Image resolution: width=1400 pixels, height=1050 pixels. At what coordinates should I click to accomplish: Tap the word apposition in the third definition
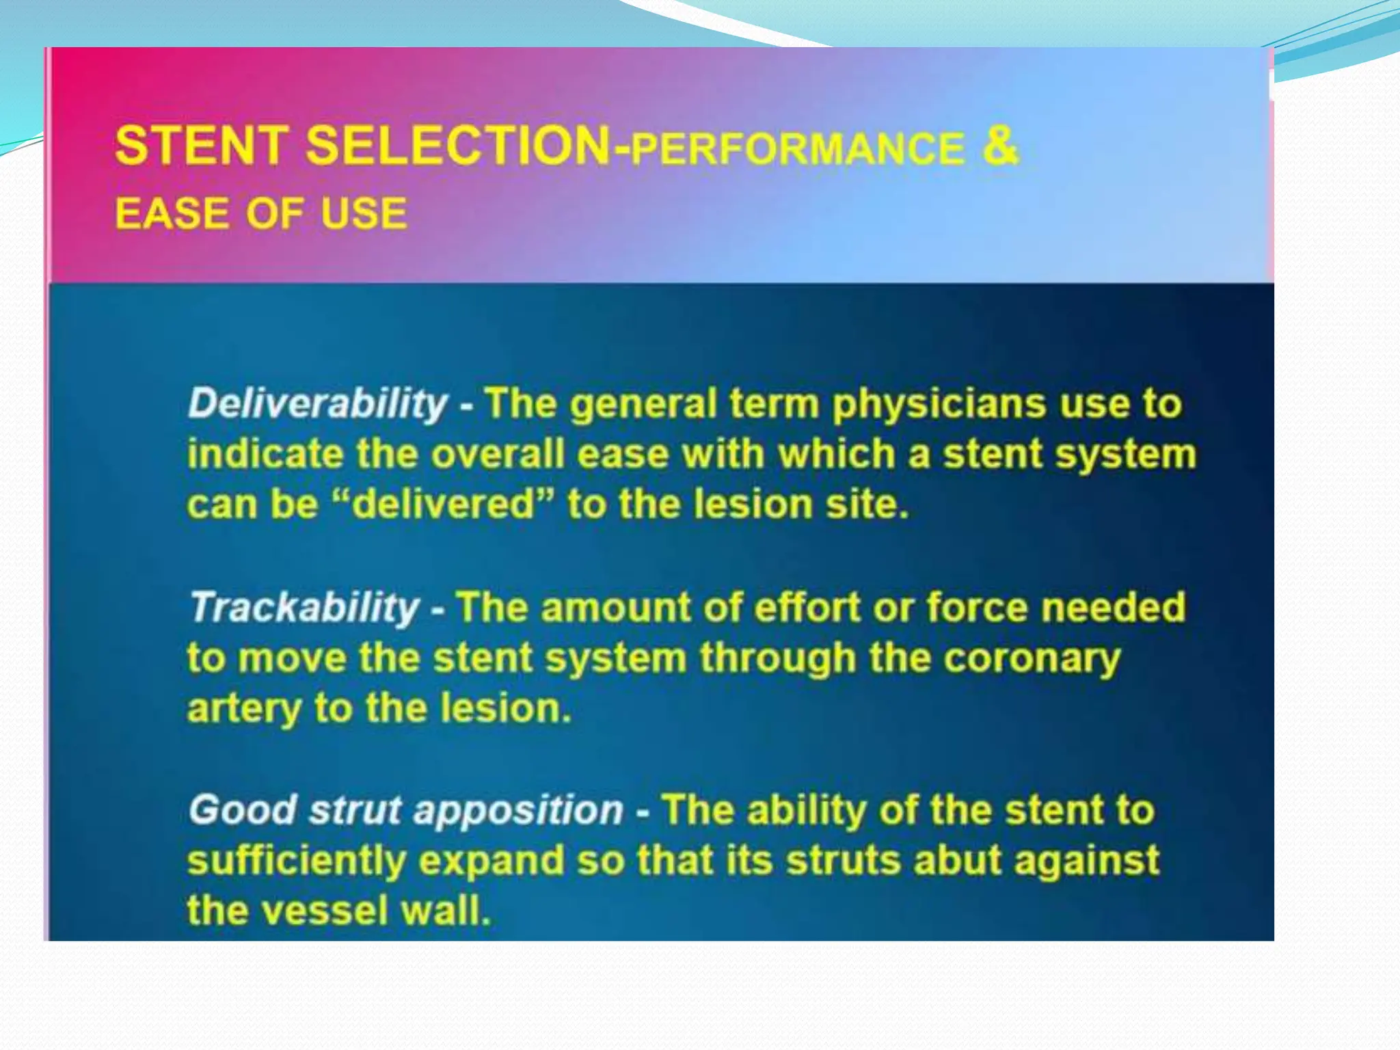coord(518,811)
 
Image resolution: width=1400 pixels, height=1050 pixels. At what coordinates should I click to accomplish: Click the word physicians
coord(939,403)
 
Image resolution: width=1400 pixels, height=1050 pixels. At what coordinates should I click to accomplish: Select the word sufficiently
coord(297,861)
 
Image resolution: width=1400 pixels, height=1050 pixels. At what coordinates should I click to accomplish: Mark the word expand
coord(491,861)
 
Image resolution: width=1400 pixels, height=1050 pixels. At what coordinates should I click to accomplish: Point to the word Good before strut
coord(242,811)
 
